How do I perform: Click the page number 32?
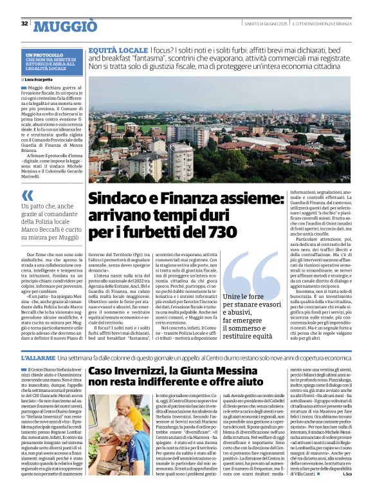pos(24,24)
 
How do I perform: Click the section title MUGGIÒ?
pos(65,26)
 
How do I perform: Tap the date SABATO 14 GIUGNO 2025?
pos(264,24)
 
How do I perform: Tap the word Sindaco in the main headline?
pos(115,200)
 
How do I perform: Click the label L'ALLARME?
pos(37,357)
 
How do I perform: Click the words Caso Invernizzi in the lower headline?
pos(129,371)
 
